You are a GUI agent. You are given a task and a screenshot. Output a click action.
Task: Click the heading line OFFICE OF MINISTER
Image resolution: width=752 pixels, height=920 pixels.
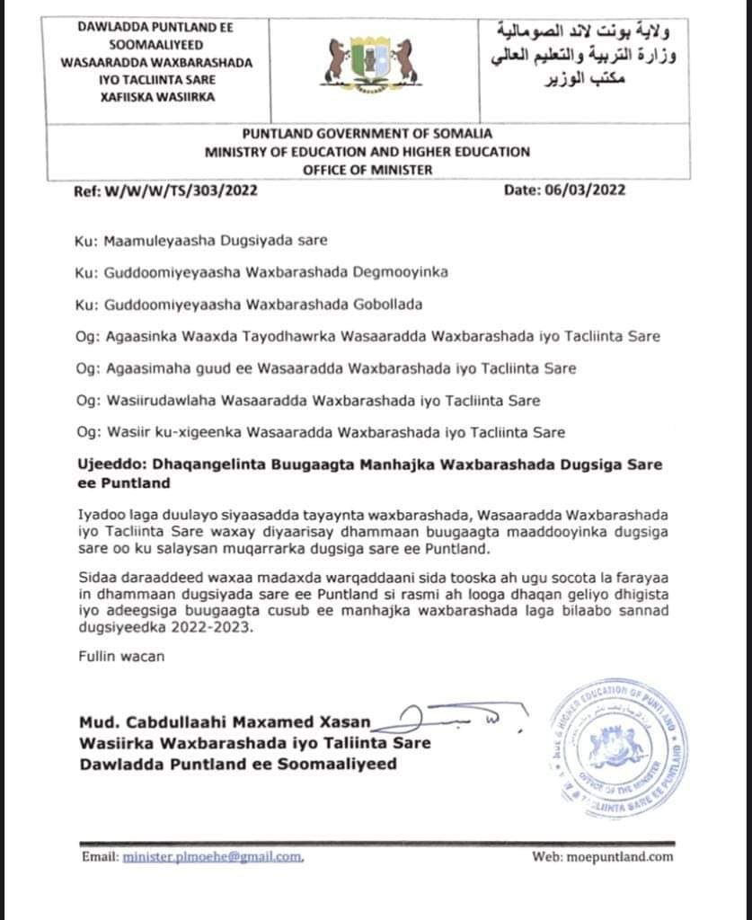point(367,169)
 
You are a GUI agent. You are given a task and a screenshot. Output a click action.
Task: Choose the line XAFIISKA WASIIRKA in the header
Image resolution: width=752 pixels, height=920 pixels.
point(157,97)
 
